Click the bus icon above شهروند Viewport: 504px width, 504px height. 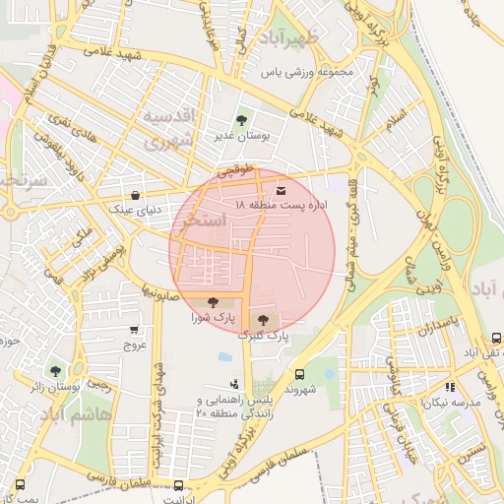(299, 374)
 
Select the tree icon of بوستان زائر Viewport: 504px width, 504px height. (54, 371)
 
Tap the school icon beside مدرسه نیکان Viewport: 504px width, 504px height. (450, 388)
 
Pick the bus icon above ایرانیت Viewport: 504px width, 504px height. (178, 484)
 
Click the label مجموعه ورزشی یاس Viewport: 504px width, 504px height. (308, 73)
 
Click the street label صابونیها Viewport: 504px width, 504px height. (158, 292)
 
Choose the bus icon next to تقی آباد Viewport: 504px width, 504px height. (495, 337)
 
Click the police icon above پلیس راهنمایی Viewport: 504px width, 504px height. (233, 385)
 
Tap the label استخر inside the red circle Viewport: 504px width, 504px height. (205, 220)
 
